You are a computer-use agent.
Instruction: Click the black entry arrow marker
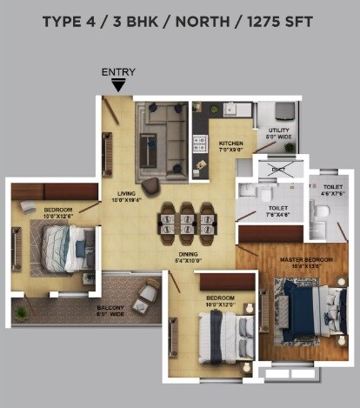tap(118, 85)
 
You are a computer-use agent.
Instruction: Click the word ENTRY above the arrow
tap(118, 72)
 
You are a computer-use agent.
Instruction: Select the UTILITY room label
tap(280, 133)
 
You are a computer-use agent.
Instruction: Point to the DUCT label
tap(278, 170)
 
